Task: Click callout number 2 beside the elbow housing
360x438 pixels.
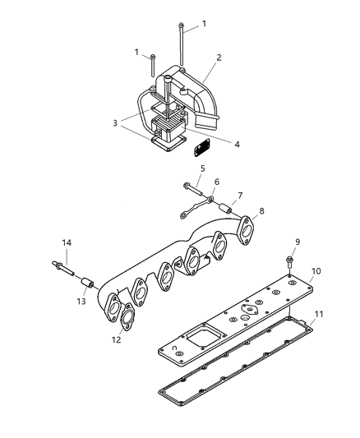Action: click(x=219, y=58)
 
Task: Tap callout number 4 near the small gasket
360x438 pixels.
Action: click(x=236, y=145)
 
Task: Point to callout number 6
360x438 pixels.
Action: click(x=217, y=182)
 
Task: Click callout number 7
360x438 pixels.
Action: click(x=241, y=196)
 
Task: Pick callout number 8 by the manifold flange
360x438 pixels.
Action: click(x=261, y=212)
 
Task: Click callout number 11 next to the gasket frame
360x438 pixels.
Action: click(x=320, y=314)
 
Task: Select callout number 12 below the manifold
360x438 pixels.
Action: click(x=116, y=339)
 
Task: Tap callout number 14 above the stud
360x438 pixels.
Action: click(x=67, y=242)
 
